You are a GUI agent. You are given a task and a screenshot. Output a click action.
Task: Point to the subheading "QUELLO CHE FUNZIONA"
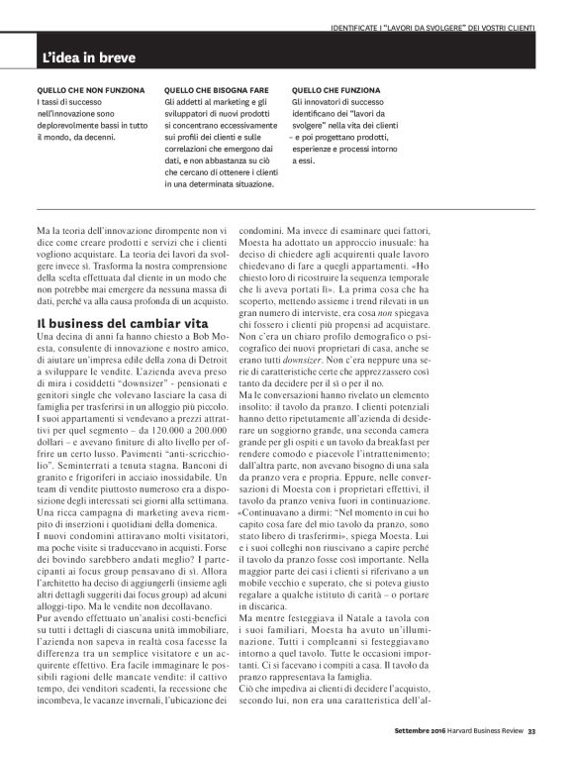coord(333,89)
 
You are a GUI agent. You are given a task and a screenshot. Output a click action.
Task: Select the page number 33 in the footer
coord(531,733)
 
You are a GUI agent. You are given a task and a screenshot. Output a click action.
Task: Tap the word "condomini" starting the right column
coord(266,231)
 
